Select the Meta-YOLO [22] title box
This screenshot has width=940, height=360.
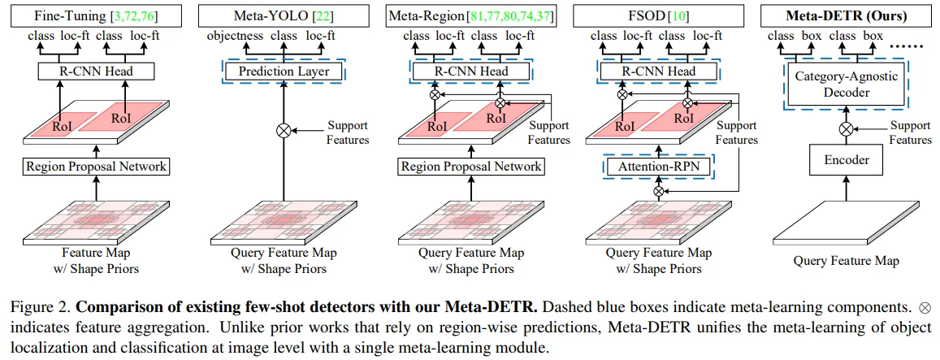tap(284, 15)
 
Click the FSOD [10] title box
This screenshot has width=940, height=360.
tap(657, 15)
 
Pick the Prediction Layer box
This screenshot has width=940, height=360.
tap(284, 72)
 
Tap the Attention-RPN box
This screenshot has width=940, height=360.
tap(657, 167)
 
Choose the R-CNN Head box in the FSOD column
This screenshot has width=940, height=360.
tap(657, 72)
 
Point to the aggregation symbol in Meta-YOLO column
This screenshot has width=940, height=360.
tap(284, 131)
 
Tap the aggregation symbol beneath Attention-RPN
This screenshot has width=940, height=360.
tap(657, 192)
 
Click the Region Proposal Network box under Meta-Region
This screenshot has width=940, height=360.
tap(470, 167)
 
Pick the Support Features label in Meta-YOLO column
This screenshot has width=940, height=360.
tap(348, 132)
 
